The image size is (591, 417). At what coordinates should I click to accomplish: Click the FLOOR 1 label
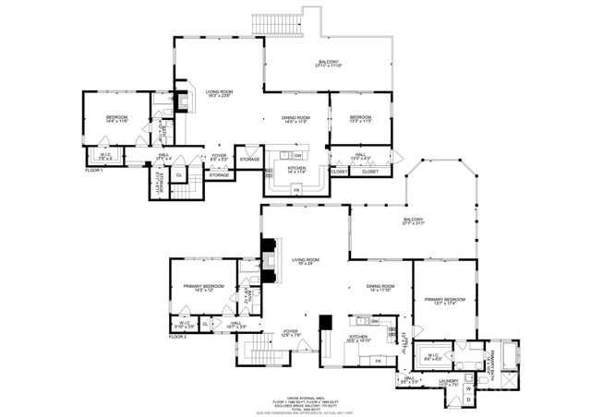point(94,171)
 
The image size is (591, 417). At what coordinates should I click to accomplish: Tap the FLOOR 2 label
point(177,338)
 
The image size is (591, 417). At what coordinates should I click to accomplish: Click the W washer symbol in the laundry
point(468,388)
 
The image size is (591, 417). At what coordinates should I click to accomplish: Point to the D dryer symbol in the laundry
point(468,399)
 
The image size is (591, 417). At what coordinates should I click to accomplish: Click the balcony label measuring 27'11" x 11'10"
point(328,64)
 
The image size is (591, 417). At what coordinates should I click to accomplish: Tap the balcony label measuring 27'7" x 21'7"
point(413,220)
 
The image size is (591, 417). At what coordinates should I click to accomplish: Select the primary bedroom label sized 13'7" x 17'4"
point(444,301)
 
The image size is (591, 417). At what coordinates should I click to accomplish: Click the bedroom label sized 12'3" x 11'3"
point(360,119)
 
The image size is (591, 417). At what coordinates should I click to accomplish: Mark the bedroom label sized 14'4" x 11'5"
point(116,119)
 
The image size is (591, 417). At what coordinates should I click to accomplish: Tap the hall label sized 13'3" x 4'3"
point(361,156)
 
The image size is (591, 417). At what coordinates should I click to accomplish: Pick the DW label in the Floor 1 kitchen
point(297,155)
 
